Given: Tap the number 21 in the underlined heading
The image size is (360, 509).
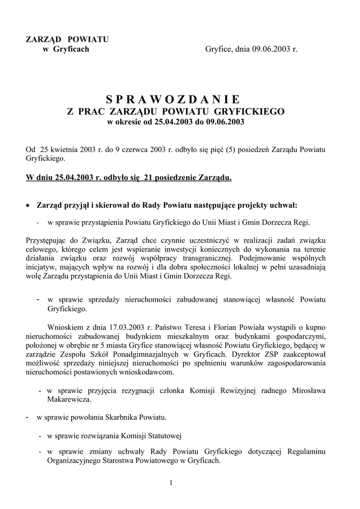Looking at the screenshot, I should coord(148,177).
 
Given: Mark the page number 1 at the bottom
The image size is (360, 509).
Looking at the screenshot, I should coord(171,482).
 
